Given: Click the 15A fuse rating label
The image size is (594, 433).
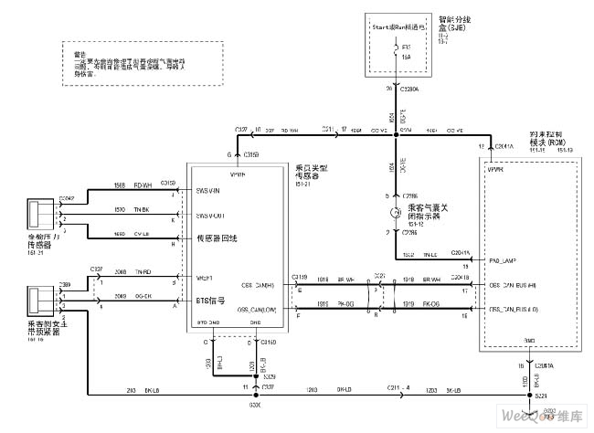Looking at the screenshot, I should (x=406, y=56).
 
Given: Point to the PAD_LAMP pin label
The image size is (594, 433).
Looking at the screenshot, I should (x=503, y=260).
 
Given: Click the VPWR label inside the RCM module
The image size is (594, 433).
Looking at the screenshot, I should (x=496, y=169).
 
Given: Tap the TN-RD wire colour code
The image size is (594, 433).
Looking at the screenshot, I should (x=143, y=273).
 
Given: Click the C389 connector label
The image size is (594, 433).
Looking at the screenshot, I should (x=66, y=285).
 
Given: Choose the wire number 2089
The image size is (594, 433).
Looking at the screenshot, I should (x=121, y=298).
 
